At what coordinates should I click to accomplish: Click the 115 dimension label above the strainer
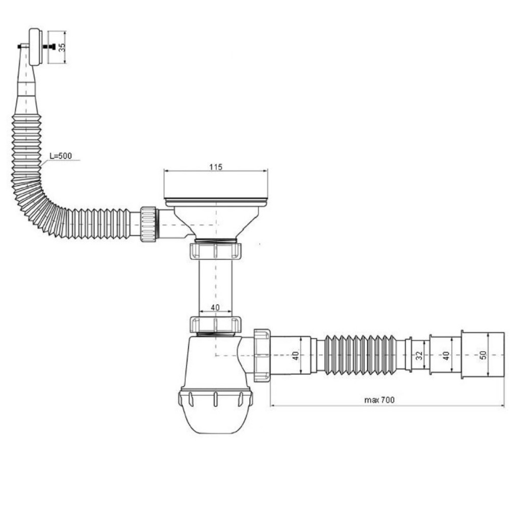point(216,167)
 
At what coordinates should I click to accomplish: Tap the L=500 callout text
point(61,156)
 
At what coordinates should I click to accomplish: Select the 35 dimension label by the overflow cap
point(62,47)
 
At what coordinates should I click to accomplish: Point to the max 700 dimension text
point(379,400)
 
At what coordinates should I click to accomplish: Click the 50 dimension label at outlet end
point(483,354)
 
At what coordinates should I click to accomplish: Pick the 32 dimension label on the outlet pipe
point(420,355)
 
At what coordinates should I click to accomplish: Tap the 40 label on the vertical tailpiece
point(215,308)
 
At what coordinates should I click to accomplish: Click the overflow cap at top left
point(35,47)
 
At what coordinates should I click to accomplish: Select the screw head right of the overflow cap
point(52,47)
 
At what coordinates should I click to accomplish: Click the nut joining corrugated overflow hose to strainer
point(149,224)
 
